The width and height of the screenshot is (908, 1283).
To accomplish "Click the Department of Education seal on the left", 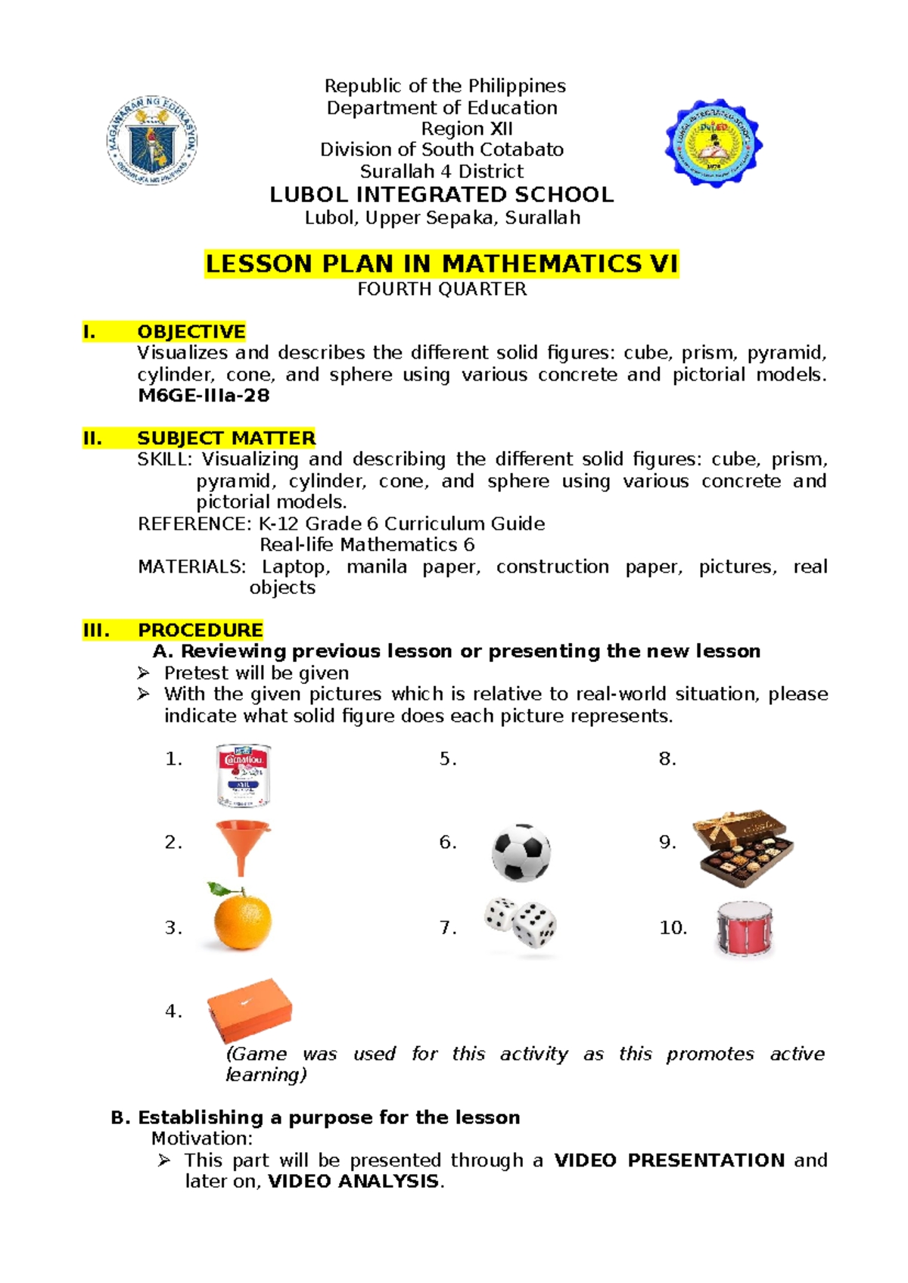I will tap(153, 140).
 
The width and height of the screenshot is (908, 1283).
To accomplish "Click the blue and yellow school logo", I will tap(714, 143).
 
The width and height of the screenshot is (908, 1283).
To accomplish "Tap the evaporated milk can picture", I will tap(243, 775).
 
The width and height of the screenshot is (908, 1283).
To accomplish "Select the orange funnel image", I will tap(242, 846).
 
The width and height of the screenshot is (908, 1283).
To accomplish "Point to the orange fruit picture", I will tap(241, 918).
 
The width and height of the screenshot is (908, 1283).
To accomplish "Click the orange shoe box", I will tap(250, 1008).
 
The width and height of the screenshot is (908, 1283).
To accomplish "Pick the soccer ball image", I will tap(521, 853).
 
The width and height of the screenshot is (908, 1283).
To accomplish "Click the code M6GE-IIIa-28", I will tap(204, 396).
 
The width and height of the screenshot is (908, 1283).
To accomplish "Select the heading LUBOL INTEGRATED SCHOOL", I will tap(441, 195).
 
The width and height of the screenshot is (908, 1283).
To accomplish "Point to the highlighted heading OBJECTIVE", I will tap(191, 332).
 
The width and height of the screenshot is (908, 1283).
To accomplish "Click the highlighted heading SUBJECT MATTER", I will tap(225, 439).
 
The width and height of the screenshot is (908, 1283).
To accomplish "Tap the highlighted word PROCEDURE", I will tap(200, 630).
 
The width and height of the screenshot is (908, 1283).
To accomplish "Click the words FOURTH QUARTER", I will tap(442, 290).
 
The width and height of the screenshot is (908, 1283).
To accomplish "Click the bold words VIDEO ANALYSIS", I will tap(353, 1182).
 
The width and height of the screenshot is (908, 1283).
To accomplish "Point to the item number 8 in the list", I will tap(667, 759).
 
